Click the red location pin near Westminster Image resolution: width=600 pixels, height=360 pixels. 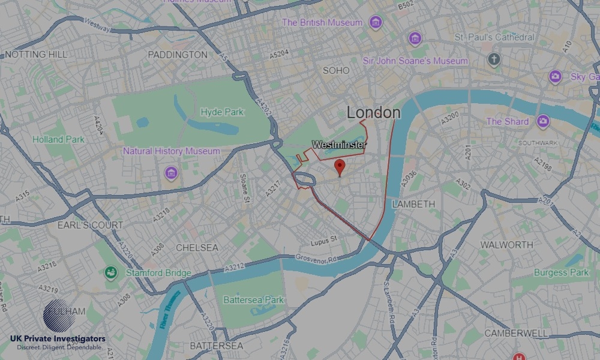point(340,167)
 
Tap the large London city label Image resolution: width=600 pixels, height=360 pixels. point(373,112)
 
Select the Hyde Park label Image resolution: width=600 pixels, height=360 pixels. point(222,112)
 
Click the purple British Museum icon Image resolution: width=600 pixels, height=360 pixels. point(376,23)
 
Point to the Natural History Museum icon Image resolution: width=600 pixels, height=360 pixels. point(171,173)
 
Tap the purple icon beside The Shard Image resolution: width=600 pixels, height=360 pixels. point(543,121)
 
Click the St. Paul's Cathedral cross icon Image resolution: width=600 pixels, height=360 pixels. point(494,59)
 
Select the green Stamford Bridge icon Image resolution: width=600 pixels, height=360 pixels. point(110,273)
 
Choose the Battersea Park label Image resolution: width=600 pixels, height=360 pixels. point(252,299)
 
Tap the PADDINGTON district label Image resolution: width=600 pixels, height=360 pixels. point(177,55)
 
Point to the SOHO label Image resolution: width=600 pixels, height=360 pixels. point(335,71)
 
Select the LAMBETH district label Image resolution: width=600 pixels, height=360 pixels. point(413,204)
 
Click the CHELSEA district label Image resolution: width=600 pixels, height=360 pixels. point(197,247)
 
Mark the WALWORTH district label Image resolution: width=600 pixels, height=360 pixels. point(506,245)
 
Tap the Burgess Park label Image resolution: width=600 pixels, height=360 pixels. point(561,272)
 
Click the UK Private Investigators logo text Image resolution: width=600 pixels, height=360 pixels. point(58,340)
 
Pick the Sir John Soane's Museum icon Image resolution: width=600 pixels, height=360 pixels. point(415,40)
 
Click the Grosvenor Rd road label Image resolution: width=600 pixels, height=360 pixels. point(317,257)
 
